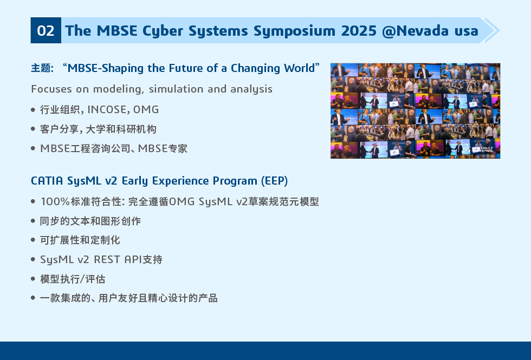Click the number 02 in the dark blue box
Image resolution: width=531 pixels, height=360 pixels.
[x=46, y=31]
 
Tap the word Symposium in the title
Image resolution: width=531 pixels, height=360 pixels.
[x=294, y=31]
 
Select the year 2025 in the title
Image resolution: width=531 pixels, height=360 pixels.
[x=359, y=31]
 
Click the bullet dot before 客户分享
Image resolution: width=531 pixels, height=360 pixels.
[x=33, y=129]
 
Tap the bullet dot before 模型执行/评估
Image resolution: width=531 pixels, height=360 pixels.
[x=33, y=279]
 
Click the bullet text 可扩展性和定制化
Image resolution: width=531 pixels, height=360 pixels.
[x=80, y=240]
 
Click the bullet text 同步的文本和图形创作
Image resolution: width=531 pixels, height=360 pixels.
[x=90, y=221]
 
